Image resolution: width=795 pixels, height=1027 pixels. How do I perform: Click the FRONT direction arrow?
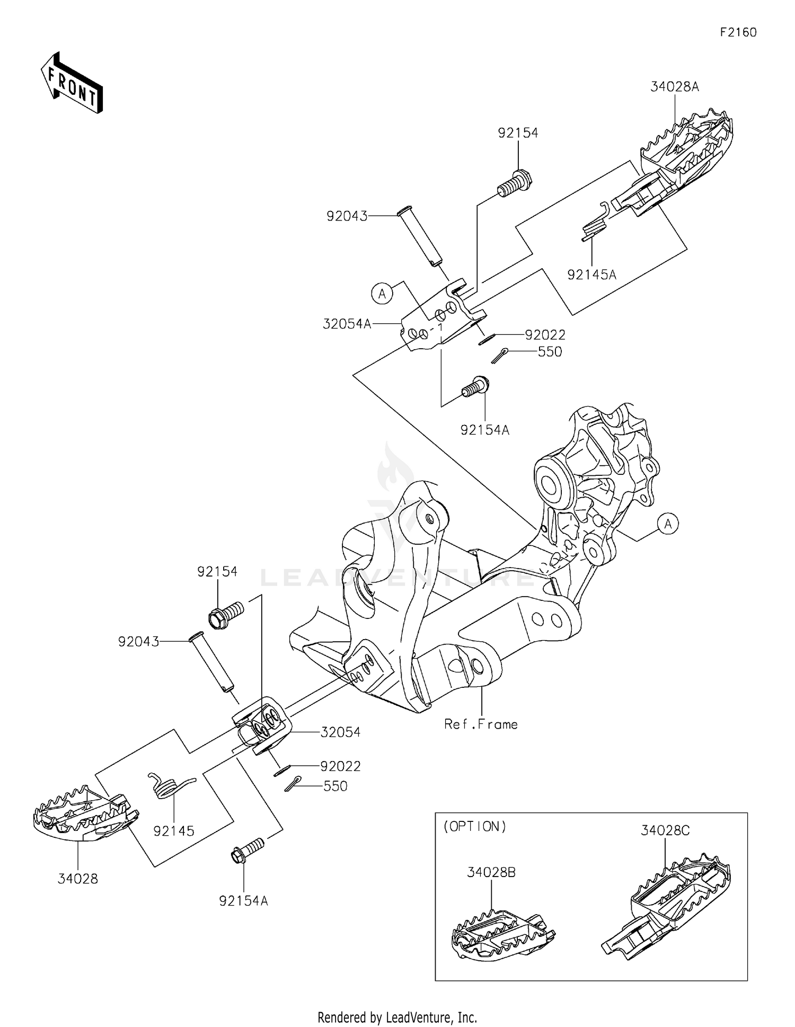click(x=72, y=82)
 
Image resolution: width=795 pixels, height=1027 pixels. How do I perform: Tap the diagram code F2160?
click(x=738, y=32)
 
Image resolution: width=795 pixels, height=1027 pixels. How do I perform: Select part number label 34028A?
click(x=675, y=86)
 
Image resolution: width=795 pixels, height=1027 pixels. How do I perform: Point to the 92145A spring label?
click(x=592, y=275)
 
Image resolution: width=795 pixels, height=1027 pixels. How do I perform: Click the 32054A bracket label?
click(x=347, y=324)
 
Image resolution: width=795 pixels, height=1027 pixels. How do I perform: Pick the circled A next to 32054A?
click(x=382, y=293)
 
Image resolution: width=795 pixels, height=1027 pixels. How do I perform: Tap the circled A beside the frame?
click(x=668, y=524)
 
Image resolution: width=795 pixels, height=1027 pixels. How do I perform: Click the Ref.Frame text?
click(x=481, y=724)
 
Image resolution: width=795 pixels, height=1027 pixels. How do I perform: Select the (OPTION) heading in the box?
click(x=475, y=827)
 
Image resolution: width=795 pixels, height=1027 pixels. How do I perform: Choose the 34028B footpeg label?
click(x=491, y=872)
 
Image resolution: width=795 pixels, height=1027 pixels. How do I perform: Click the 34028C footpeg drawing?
click(x=669, y=902)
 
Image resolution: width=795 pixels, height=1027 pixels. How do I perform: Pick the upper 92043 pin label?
click(x=347, y=216)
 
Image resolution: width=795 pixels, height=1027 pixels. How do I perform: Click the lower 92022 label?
click(x=340, y=766)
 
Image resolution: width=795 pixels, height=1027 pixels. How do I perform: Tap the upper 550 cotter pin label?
click(x=550, y=352)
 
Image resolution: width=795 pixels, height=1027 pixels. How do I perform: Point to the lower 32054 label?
click(x=340, y=732)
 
